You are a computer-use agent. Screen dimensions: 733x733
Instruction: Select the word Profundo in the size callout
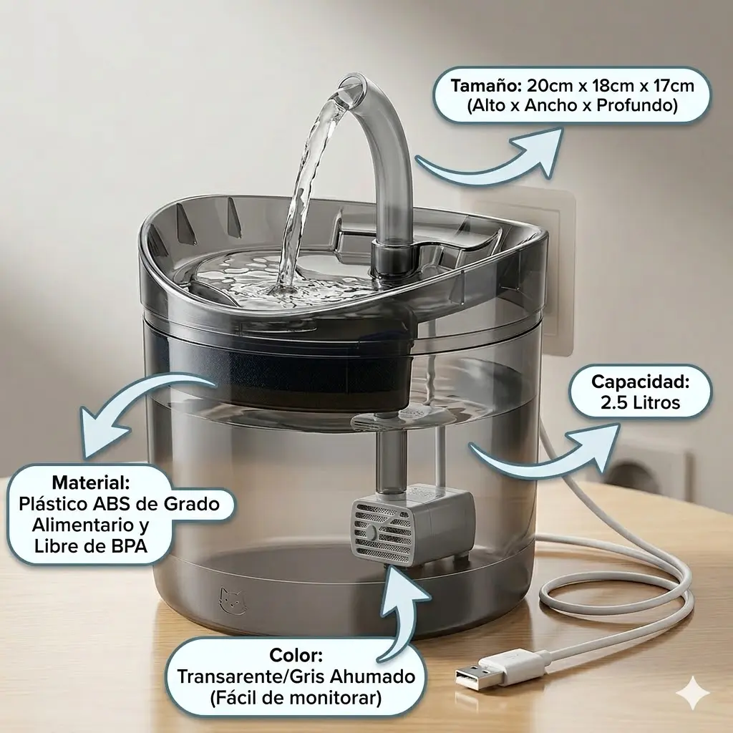tap(636, 106)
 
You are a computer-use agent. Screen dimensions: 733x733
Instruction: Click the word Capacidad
tap(641, 382)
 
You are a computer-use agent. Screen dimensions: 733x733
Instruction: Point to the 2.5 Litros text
tap(641, 402)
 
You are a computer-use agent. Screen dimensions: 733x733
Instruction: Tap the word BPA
tap(128, 545)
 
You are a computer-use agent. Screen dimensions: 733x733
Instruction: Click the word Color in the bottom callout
tap(296, 656)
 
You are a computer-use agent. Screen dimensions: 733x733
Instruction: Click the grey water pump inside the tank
tap(412, 527)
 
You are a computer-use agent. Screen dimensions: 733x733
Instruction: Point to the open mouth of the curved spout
tap(351, 87)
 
